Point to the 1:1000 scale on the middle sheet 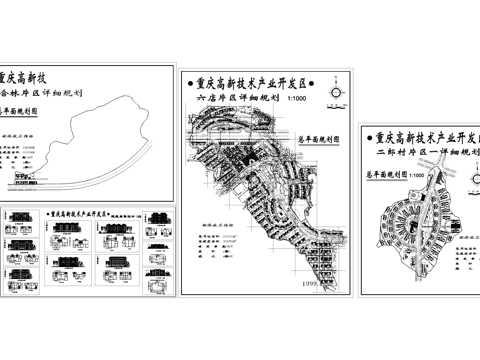coord(297,100)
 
